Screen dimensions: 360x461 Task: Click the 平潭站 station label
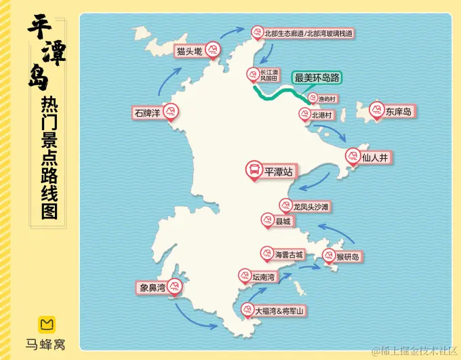279,172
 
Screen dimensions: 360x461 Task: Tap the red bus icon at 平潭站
254,169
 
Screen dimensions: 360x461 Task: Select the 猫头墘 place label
189,52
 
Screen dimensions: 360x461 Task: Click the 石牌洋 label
146,113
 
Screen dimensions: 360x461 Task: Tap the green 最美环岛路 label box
317,78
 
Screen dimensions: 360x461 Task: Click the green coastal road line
271,94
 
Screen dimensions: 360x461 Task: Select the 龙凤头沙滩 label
311,206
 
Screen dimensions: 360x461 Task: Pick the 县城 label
283,221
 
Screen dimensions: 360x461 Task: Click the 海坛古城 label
289,256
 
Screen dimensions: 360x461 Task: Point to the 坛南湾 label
263,277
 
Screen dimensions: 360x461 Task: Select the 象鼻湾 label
153,288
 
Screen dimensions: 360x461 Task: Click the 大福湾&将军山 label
279,311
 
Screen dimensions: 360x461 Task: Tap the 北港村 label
322,115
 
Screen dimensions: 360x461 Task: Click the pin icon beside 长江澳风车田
251,73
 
